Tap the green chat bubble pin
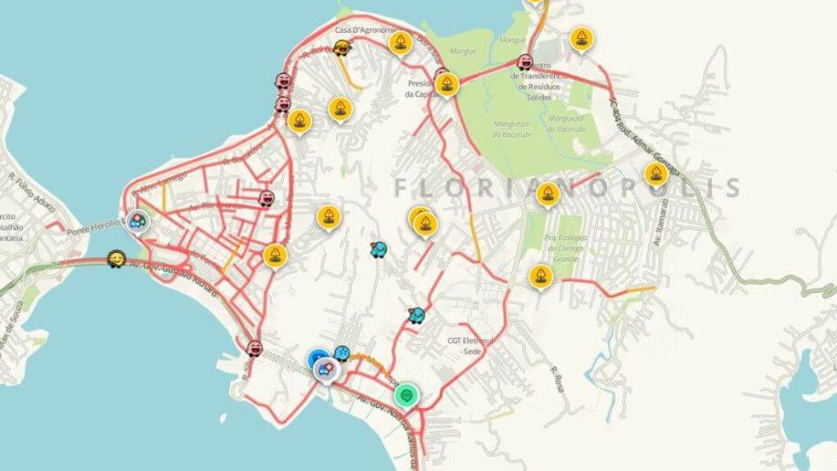406,393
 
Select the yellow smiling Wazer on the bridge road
115,260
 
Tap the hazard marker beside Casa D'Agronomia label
402,42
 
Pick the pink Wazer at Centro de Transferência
524,63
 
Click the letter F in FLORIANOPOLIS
401,188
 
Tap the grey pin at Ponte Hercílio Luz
137,221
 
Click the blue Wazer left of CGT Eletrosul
416,315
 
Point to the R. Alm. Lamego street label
160,183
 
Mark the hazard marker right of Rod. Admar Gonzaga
656,172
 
